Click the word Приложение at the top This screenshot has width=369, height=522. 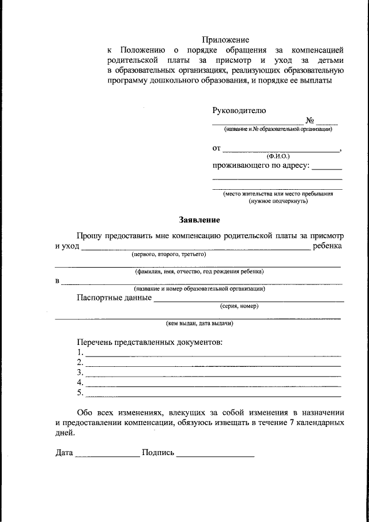[x=225, y=40]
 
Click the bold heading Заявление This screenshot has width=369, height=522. [x=199, y=220]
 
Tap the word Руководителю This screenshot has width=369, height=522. [x=239, y=110]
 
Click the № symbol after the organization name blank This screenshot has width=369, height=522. [x=310, y=121]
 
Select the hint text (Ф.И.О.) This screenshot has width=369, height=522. [x=278, y=156]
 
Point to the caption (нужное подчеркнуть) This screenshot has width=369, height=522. [x=278, y=201]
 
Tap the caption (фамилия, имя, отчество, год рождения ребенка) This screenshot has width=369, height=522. [x=199, y=271]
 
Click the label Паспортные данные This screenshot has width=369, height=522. [x=114, y=298]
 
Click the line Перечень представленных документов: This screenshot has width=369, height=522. [x=149, y=342]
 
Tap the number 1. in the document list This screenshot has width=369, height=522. [x=80, y=352]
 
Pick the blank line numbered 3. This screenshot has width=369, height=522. [x=213, y=374]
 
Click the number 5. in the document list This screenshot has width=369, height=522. [x=80, y=394]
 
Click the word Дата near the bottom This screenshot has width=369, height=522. [x=64, y=453]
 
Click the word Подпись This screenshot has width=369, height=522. [x=157, y=453]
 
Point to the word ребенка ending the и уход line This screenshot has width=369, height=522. [x=327, y=246]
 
